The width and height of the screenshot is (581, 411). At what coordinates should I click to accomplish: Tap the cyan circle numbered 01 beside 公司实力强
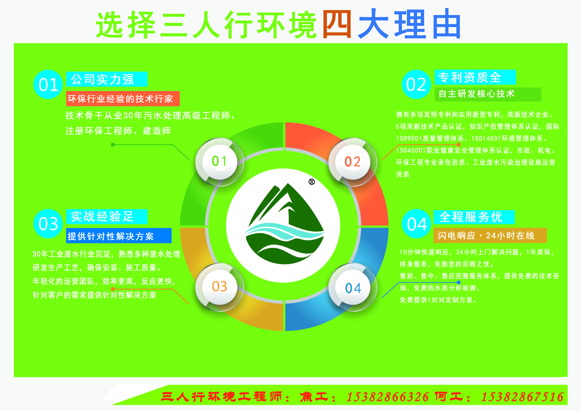(48, 84)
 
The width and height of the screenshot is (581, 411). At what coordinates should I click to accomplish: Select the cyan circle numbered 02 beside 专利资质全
(416, 84)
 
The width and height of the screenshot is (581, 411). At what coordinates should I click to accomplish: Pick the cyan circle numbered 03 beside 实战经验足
(48, 224)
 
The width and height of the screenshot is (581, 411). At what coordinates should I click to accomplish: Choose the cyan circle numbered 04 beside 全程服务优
(416, 224)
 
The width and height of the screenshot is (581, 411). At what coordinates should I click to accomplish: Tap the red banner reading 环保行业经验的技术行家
(123, 99)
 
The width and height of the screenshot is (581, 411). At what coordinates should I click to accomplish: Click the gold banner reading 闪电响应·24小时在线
(490, 235)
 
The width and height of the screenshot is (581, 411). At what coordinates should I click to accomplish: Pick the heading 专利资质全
(470, 77)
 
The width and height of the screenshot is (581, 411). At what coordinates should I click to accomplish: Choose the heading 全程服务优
(471, 217)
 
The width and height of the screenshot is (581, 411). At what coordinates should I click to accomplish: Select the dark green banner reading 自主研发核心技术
(488, 94)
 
